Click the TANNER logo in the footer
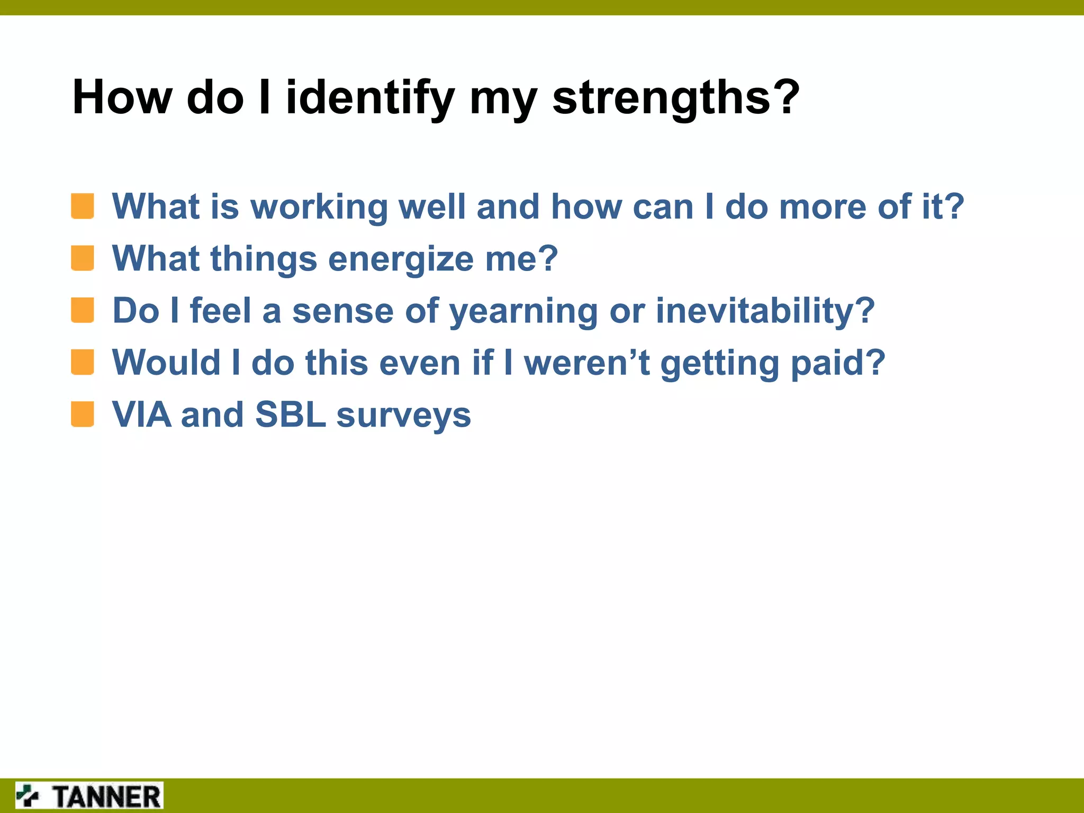pyautogui.click(x=89, y=796)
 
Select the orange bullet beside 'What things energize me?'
pyautogui.click(x=83, y=258)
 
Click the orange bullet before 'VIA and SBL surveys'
pyautogui.click(x=83, y=414)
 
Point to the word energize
pyautogui.click(x=401, y=259)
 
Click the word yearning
pyautogui.click(x=523, y=311)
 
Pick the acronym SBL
pyautogui.click(x=290, y=414)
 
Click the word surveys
pyautogui.click(x=403, y=416)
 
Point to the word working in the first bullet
pyautogui.click(x=319, y=207)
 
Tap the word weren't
pyautogui.click(x=586, y=363)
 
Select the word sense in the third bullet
pyautogui.click(x=342, y=311)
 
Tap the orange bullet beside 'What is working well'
pyautogui.click(x=83, y=206)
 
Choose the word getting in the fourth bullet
pyautogui.click(x=720, y=364)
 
